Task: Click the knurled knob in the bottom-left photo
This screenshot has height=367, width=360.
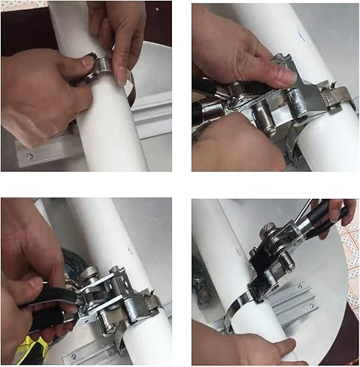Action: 87,273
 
